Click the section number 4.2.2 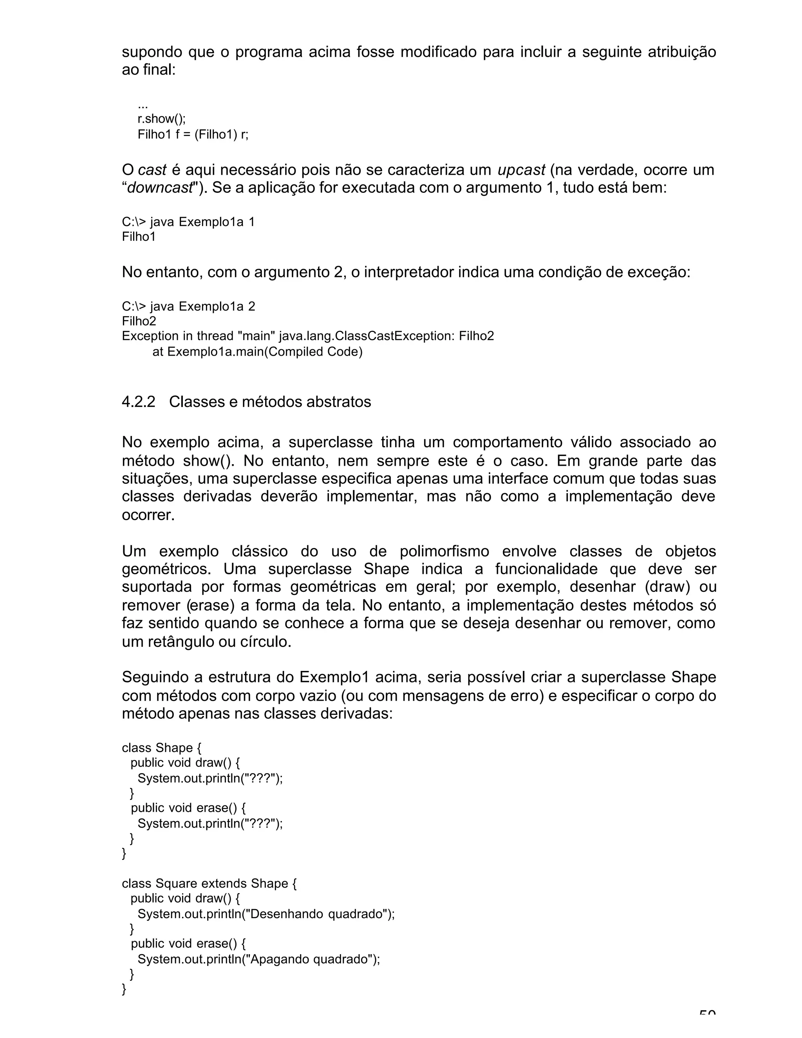(138, 402)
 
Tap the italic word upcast (521, 170)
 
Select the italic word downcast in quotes (160, 188)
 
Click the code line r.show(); (162, 119)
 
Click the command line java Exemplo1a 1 (188, 222)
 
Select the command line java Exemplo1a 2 (188, 306)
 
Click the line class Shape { (162, 748)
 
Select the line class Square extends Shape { (209, 884)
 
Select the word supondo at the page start (152, 52)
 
